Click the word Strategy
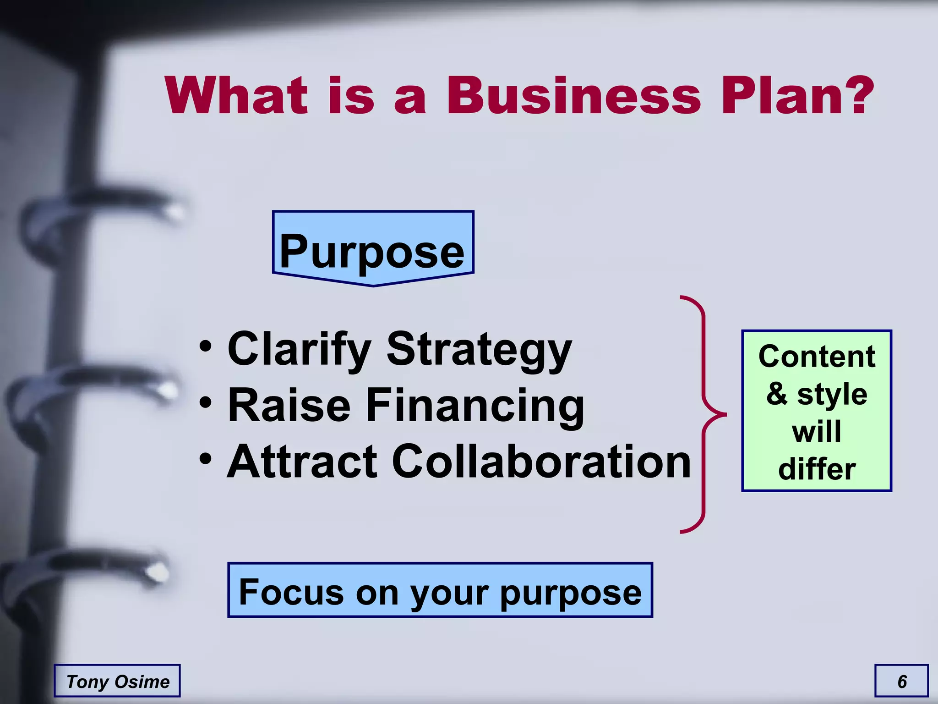tap(479, 351)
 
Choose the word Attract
tap(302, 462)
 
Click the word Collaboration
tap(541, 462)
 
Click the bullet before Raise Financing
tap(206, 403)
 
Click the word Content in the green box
tap(817, 357)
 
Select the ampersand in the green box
tap(777, 394)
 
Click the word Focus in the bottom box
tap(291, 592)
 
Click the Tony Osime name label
tap(117, 681)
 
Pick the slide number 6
tap(902, 681)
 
